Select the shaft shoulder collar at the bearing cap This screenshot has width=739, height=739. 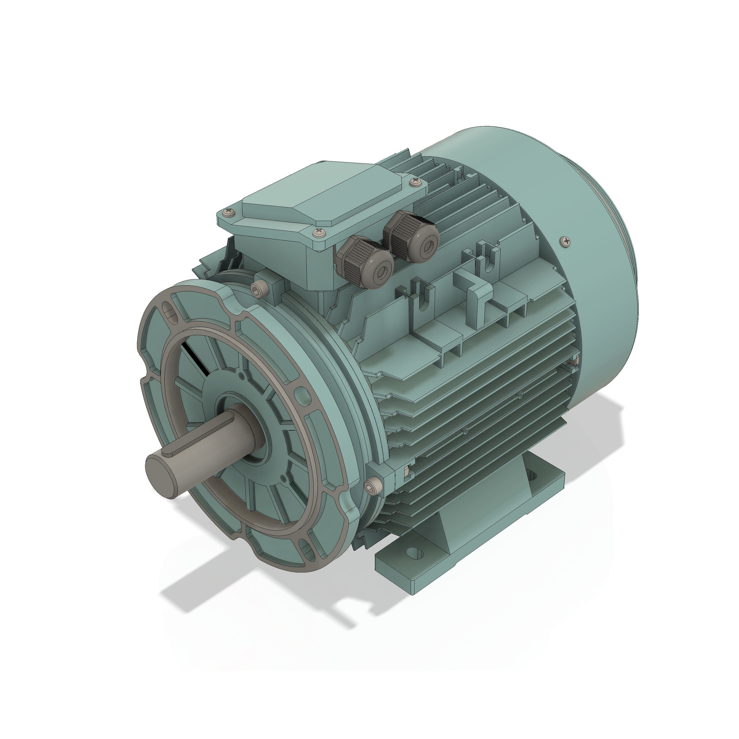[x=249, y=425]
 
